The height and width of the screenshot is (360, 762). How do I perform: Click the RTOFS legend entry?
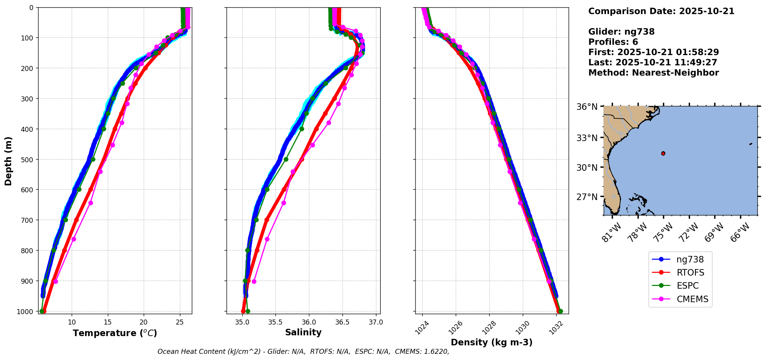pyautogui.click(x=690, y=273)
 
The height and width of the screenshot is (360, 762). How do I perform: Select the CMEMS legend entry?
pyautogui.click(x=692, y=299)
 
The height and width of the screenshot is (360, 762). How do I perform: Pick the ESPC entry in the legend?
pyautogui.click(x=687, y=286)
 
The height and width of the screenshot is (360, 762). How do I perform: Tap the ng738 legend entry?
pyautogui.click(x=690, y=259)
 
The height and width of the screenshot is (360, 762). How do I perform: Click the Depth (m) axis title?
pyautogui.click(x=8, y=161)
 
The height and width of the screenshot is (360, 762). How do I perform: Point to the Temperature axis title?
pyautogui.click(x=115, y=333)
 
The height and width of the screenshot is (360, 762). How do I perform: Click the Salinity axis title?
pyautogui.click(x=303, y=332)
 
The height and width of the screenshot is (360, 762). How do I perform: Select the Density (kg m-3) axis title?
pyautogui.click(x=492, y=342)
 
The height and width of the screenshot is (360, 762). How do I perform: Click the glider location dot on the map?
pyautogui.click(x=663, y=153)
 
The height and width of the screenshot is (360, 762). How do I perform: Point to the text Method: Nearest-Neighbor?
pyautogui.click(x=653, y=73)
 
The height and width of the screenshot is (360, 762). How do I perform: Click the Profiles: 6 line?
pyautogui.click(x=613, y=42)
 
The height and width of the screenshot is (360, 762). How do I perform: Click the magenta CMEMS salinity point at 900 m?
pyautogui.click(x=254, y=281)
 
